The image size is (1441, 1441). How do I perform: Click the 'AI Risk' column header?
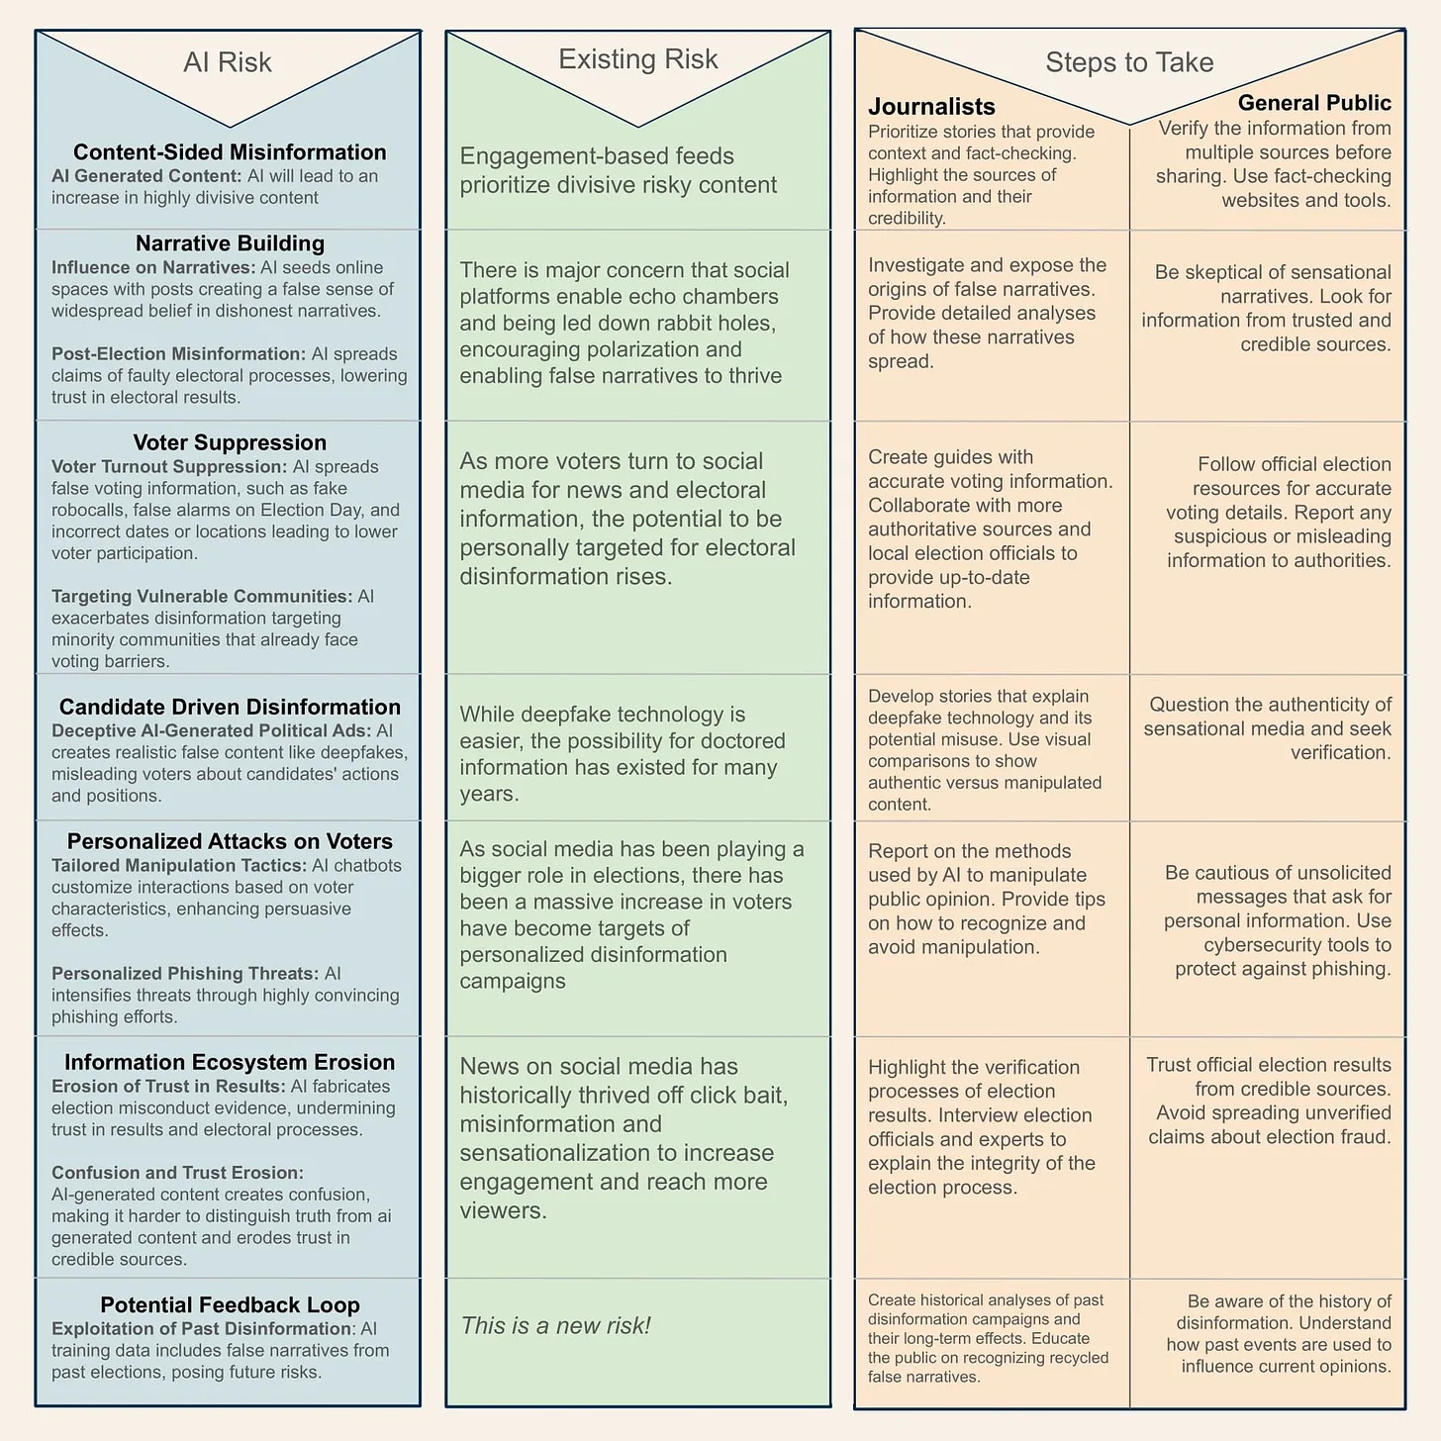(x=227, y=62)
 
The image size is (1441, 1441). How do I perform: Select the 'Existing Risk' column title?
(x=637, y=59)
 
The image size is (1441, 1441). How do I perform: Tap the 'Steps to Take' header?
(x=1129, y=62)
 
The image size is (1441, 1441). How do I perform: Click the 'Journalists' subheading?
(x=931, y=107)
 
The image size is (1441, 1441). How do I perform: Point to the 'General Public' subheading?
(x=1314, y=103)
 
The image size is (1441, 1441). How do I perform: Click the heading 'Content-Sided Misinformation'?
(x=230, y=152)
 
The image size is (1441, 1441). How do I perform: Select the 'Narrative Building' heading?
(x=230, y=243)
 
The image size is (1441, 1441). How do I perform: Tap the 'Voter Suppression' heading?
(x=230, y=442)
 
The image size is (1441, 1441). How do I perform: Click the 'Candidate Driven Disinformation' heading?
(x=230, y=707)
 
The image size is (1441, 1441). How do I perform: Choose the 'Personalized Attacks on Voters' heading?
(x=230, y=841)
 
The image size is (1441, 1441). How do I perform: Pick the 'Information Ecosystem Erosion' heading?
(x=230, y=1062)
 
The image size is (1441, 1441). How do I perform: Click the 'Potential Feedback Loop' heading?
(x=230, y=1304)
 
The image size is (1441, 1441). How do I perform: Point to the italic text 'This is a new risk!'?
(x=555, y=1325)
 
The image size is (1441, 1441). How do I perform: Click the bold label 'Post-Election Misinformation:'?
(x=178, y=354)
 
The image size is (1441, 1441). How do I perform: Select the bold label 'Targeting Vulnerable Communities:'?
(x=202, y=597)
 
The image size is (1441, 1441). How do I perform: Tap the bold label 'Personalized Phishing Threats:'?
(x=185, y=974)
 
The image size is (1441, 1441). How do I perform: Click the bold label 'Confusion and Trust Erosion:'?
(x=177, y=1173)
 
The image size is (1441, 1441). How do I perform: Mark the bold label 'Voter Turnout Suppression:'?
(x=169, y=467)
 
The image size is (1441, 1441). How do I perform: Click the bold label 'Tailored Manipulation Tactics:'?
(x=179, y=866)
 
